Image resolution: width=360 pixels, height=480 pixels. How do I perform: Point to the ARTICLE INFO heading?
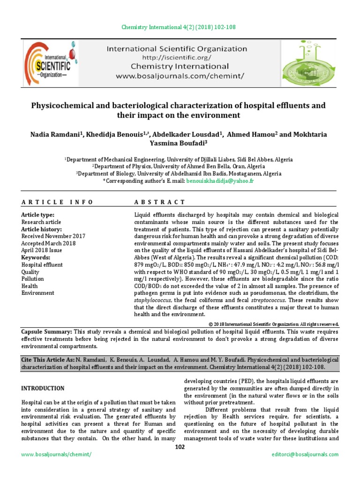pyautogui.click(x=57, y=202)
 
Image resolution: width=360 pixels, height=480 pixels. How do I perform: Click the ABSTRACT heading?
pyautogui.click(x=160, y=202)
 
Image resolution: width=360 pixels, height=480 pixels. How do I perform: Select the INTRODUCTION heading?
pyautogui.click(x=44, y=389)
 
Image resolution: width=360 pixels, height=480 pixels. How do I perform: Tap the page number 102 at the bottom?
pyautogui.click(x=180, y=447)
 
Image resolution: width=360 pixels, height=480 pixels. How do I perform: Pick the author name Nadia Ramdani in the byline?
pyautogui.click(x=56, y=135)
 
